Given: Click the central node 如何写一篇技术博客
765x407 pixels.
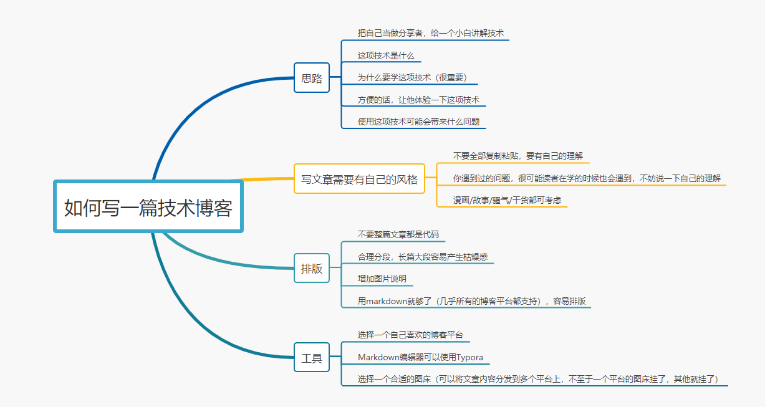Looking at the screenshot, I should pos(148,207).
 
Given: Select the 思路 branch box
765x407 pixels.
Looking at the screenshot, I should pos(312,78).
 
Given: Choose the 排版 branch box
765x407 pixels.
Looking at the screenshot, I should pos(312,269).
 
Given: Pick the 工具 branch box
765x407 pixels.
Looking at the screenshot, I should pos(312,358).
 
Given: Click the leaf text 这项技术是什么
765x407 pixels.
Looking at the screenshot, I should pos(386,55).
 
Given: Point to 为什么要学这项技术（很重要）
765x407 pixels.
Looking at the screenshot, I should pos(412,77).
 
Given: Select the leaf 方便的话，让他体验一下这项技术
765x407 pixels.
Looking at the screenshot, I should pos(418,100).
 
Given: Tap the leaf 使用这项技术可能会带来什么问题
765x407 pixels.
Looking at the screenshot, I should pos(418,122).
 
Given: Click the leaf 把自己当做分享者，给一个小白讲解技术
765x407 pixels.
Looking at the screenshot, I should pos(430,33).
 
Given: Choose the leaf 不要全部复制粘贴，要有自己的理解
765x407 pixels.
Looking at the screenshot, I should pos(517,156).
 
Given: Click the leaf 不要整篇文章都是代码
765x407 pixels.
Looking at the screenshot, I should pos(398,234).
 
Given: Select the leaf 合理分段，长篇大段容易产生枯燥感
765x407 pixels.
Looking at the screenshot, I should pos(422,257).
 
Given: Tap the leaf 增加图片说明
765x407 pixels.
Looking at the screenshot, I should pos(382,279).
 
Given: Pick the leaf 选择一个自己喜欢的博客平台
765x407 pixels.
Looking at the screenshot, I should pos(410,335).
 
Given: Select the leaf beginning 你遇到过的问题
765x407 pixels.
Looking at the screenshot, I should pos(587,178).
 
